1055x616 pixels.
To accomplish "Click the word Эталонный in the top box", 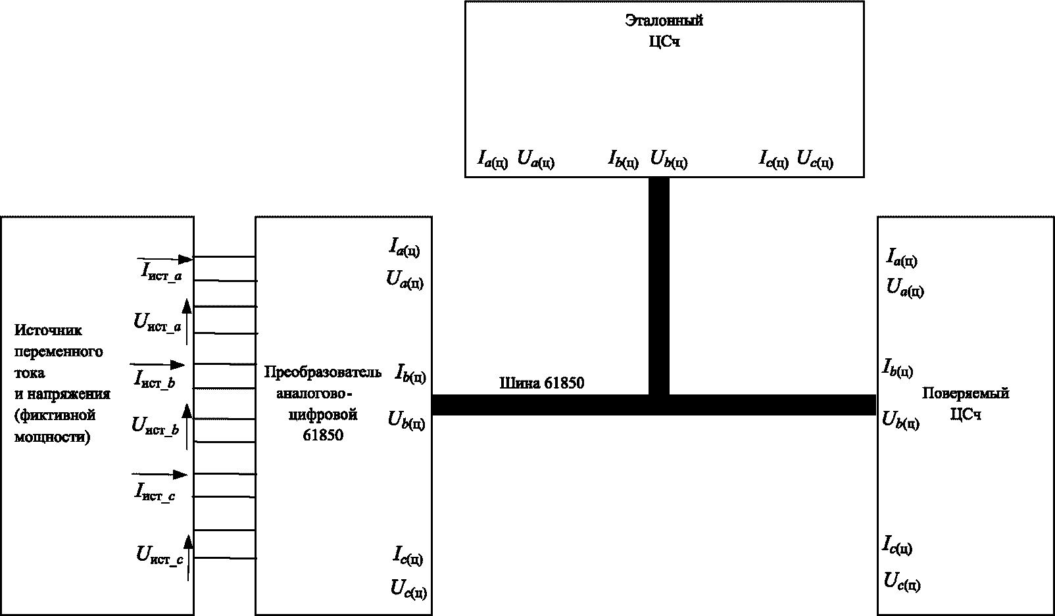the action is pyautogui.click(x=664, y=21).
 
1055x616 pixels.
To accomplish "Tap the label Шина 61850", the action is pyautogui.click(x=541, y=383).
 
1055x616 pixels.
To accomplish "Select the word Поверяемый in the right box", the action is pyautogui.click(x=966, y=393).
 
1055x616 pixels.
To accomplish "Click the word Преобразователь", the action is pyautogui.click(x=323, y=372).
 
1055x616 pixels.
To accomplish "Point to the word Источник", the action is pyautogui.click(x=48, y=331).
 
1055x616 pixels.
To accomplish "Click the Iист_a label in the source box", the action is pyautogui.click(x=162, y=272).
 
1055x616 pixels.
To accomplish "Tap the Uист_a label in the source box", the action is pyautogui.click(x=157, y=323).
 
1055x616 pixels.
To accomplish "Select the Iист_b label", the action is pyautogui.click(x=155, y=379).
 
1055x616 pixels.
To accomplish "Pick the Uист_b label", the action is pyautogui.click(x=155, y=427).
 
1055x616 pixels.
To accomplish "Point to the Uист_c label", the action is pyautogui.click(x=160, y=556).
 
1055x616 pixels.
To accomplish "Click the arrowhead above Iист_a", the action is pyautogui.click(x=185, y=259).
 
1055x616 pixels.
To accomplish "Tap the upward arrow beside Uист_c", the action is pyautogui.click(x=188, y=557).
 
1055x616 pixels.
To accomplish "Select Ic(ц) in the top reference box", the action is pyautogui.click(x=773, y=159).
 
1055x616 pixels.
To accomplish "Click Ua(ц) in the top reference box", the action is pyautogui.click(x=536, y=159).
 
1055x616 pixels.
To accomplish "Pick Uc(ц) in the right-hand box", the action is pyautogui.click(x=902, y=582).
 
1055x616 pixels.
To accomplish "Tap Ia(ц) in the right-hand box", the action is pyautogui.click(x=902, y=258).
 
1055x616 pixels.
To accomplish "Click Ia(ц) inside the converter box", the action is pyautogui.click(x=404, y=247).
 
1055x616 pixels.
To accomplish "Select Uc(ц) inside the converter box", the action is pyautogui.click(x=409, y=589).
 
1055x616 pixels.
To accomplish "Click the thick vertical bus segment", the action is pyautogui.click(x=659, y=286).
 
